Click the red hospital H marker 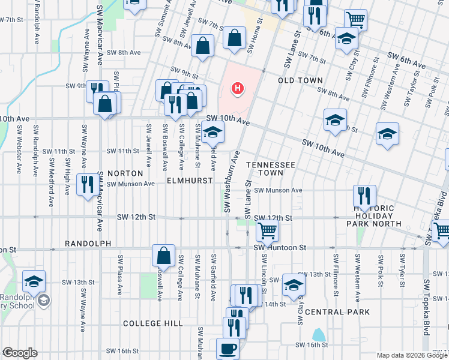(238, 89)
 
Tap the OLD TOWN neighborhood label (300, 80)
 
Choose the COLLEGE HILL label (152, 323)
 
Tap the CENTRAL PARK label (337, 312)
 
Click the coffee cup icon (228, 348)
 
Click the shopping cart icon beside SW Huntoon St (267, 230)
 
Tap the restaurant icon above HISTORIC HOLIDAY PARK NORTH (364, 196)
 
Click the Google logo (20, 353)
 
